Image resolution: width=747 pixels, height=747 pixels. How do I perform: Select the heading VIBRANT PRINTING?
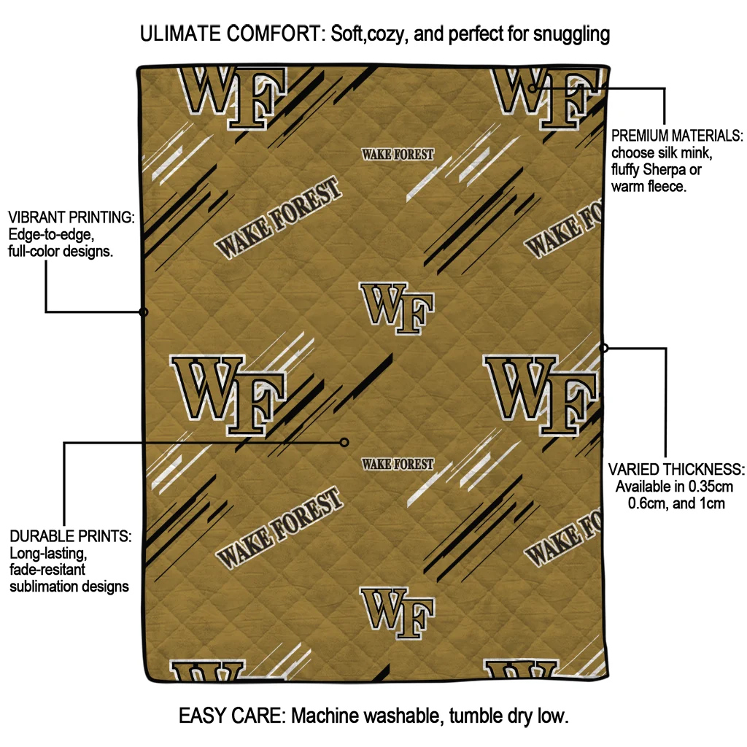tap(71, 218)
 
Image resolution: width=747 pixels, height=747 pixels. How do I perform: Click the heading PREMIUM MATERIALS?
tap(677, 136)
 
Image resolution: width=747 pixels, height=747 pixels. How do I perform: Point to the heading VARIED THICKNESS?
tap(676, 469)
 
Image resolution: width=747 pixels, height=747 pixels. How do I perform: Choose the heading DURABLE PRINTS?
tap(71, 537)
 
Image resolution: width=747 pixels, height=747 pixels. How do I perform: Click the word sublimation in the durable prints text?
tap(44, 587)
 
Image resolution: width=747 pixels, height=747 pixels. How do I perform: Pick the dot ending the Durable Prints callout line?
tap(345, 442)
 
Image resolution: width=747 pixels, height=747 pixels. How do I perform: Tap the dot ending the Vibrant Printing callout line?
tap(144, 312)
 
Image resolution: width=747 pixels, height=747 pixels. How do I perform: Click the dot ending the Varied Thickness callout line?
tap(604, 348)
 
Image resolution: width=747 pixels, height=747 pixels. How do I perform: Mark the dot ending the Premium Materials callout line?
tap(533, 88)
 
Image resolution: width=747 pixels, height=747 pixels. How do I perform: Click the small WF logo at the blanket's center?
tap(398, 307)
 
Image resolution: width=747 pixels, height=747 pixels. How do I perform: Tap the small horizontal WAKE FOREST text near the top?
tap(398, 155)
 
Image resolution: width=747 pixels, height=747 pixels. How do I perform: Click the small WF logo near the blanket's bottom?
tap(398, 611)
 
